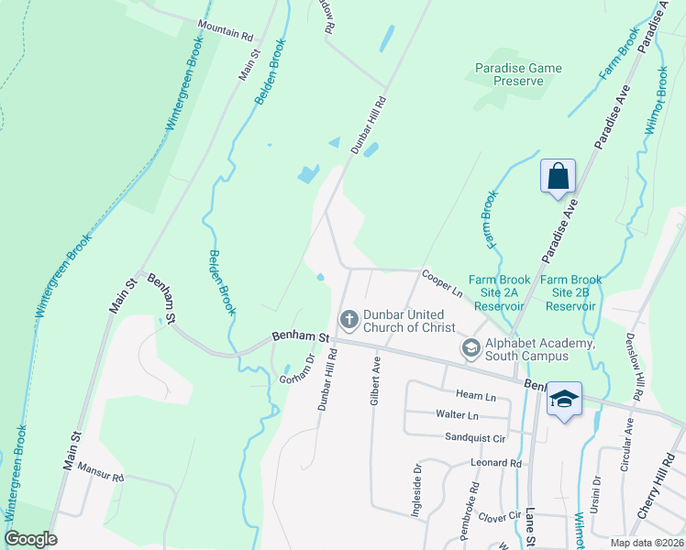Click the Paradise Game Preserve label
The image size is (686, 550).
click(x=511, y=73)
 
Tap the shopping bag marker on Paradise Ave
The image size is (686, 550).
click(x=558, y=175)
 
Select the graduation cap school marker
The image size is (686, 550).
click(x=564, y=400)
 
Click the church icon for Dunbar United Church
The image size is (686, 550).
click(x=349, y=319)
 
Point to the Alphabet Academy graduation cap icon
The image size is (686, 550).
click(x=470, y=346)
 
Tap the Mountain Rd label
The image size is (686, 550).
click(x=225, y=34)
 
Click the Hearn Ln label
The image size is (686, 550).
click(x=475, y=396)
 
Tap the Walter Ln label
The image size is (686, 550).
click(x=458, y=414)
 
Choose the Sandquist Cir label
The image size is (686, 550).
click(x=474, y=438)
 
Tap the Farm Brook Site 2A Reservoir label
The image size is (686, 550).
click(x=496, y=292)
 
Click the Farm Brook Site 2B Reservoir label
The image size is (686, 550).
click(x=570, y=292)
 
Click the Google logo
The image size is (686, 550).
click(x=30, y=540)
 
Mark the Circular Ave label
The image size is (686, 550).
click(x=628, y=445)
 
